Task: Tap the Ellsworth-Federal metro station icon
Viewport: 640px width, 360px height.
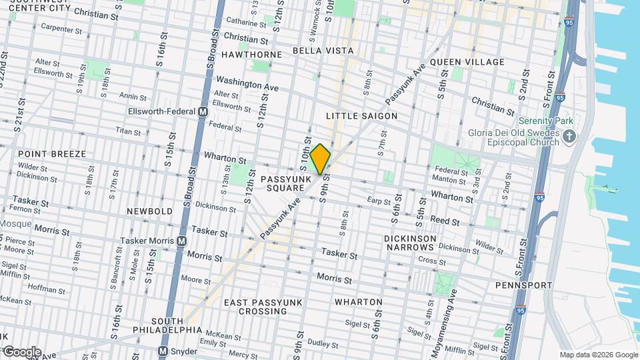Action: pyautogui.click(x=202, y=112)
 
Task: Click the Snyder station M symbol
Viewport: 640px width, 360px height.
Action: pyautogui.click(x=162, y=351)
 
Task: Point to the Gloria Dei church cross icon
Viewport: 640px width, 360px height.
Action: pyautogui.click(x=569, y=137)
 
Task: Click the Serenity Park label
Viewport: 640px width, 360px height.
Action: pyautogui.click(x=545, y=121)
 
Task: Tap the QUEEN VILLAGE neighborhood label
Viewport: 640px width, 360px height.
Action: pyautogui.click(x=467, y=62)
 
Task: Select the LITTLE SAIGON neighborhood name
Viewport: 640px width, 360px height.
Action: pyautogui.click(x=361, y=116)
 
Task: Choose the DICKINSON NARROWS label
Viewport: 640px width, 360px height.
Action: pyautogui.click(x=410, y=243)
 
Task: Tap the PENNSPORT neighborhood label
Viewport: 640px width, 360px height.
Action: pyautogui.click(x=523, y=285)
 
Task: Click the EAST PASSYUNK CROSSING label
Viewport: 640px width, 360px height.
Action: pyautogui.click(x=264, y=307)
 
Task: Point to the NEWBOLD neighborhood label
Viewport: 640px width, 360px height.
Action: pyautogui.click(x=149, y=211)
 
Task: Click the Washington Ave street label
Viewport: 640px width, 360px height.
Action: pyautogui.click(x=247, y=83)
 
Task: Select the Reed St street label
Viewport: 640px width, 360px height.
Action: pyautogui.click(x=445, y=221)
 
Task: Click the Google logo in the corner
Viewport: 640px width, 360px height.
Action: pyautogui.click(x=22, y=352)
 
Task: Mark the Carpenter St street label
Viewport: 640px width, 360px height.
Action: pyautogui.click(x=61, y=29)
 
